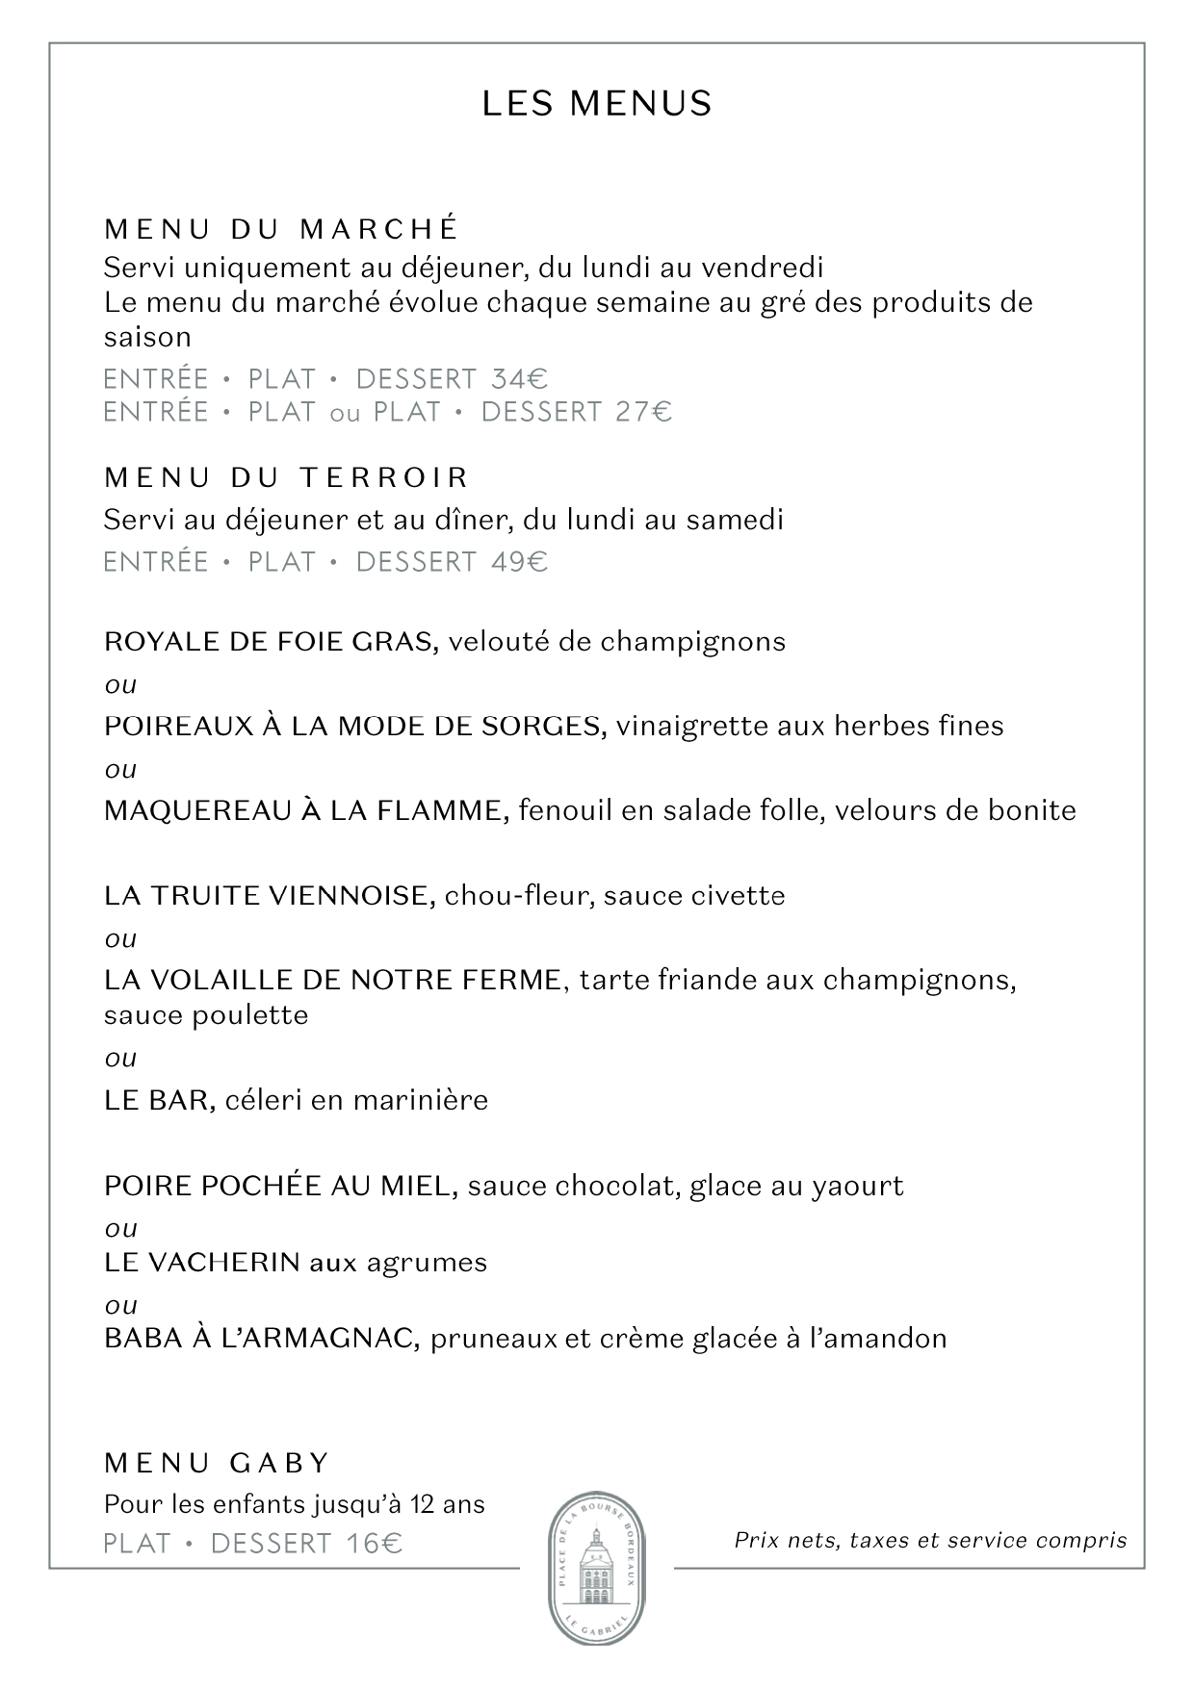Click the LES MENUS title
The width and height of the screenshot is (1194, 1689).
pos(597,104)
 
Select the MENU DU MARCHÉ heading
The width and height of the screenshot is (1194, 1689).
pos(280,229)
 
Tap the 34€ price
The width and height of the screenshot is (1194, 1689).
pos(519,379)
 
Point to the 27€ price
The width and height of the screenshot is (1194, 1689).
pos(643,412)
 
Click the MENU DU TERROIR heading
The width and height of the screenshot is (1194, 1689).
pos(286,477)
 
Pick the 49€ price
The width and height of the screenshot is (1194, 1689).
pos(519,562)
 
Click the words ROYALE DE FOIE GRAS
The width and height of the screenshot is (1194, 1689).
pos(271,642)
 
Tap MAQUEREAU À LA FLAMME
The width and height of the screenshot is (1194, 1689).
pos(305,811)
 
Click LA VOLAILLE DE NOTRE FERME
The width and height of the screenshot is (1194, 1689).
pos(332,981)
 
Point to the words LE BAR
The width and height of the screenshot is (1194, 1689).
pos(158,1100)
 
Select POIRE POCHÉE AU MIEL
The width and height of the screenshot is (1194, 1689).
pos(279,1186)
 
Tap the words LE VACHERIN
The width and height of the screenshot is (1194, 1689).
pos(202,1263)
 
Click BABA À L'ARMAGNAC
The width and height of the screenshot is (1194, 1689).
pos(261,1339)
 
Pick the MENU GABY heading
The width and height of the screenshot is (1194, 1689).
pos(217,1464)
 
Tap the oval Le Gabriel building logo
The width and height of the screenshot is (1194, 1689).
pos(597,1569)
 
